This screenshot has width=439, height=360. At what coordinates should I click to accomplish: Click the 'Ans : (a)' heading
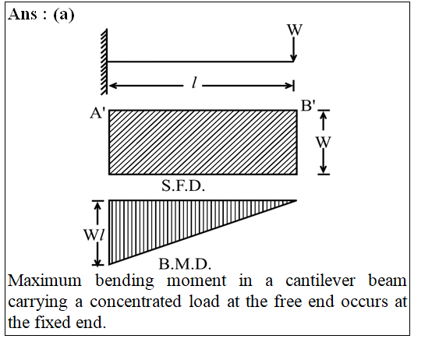click(x=41, y=14)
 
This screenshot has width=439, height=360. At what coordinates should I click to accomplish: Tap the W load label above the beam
click(x=295, y=30)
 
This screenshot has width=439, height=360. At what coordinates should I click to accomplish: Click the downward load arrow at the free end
click(x=293, y=49)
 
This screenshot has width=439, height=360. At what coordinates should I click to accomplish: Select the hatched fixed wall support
click(x=104, y=62)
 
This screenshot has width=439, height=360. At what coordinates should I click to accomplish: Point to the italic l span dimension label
click(x=193, y=83)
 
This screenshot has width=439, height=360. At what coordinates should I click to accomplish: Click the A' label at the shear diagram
click(x=97, y=113)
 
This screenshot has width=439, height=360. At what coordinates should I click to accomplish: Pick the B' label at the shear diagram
click(x=308, y=106)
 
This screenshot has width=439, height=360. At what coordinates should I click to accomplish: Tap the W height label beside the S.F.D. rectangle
click(x=324, y=142)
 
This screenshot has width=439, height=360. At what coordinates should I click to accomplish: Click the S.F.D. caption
click(x=183, y=185)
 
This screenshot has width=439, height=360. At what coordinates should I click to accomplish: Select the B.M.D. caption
click(x=185, y=264)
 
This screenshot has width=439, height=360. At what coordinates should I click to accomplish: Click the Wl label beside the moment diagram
click(x=94, y=235)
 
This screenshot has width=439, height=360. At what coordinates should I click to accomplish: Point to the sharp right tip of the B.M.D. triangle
click(x=297, y=200)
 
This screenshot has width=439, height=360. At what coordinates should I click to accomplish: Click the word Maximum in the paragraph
click(x=44, y=281)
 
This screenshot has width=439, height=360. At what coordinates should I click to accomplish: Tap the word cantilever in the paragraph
click(x=320, y=281)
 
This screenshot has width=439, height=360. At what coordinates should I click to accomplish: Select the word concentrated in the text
click(x=136, y=302)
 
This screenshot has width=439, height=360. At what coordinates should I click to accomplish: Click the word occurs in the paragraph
click(x=364, y=302)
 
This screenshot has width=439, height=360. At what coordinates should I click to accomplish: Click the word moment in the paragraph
click(x=196, y=281)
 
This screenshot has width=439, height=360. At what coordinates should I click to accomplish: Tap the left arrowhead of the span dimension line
click(x=112, y=85)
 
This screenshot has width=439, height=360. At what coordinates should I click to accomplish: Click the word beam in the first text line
click(x=388, y=281)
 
